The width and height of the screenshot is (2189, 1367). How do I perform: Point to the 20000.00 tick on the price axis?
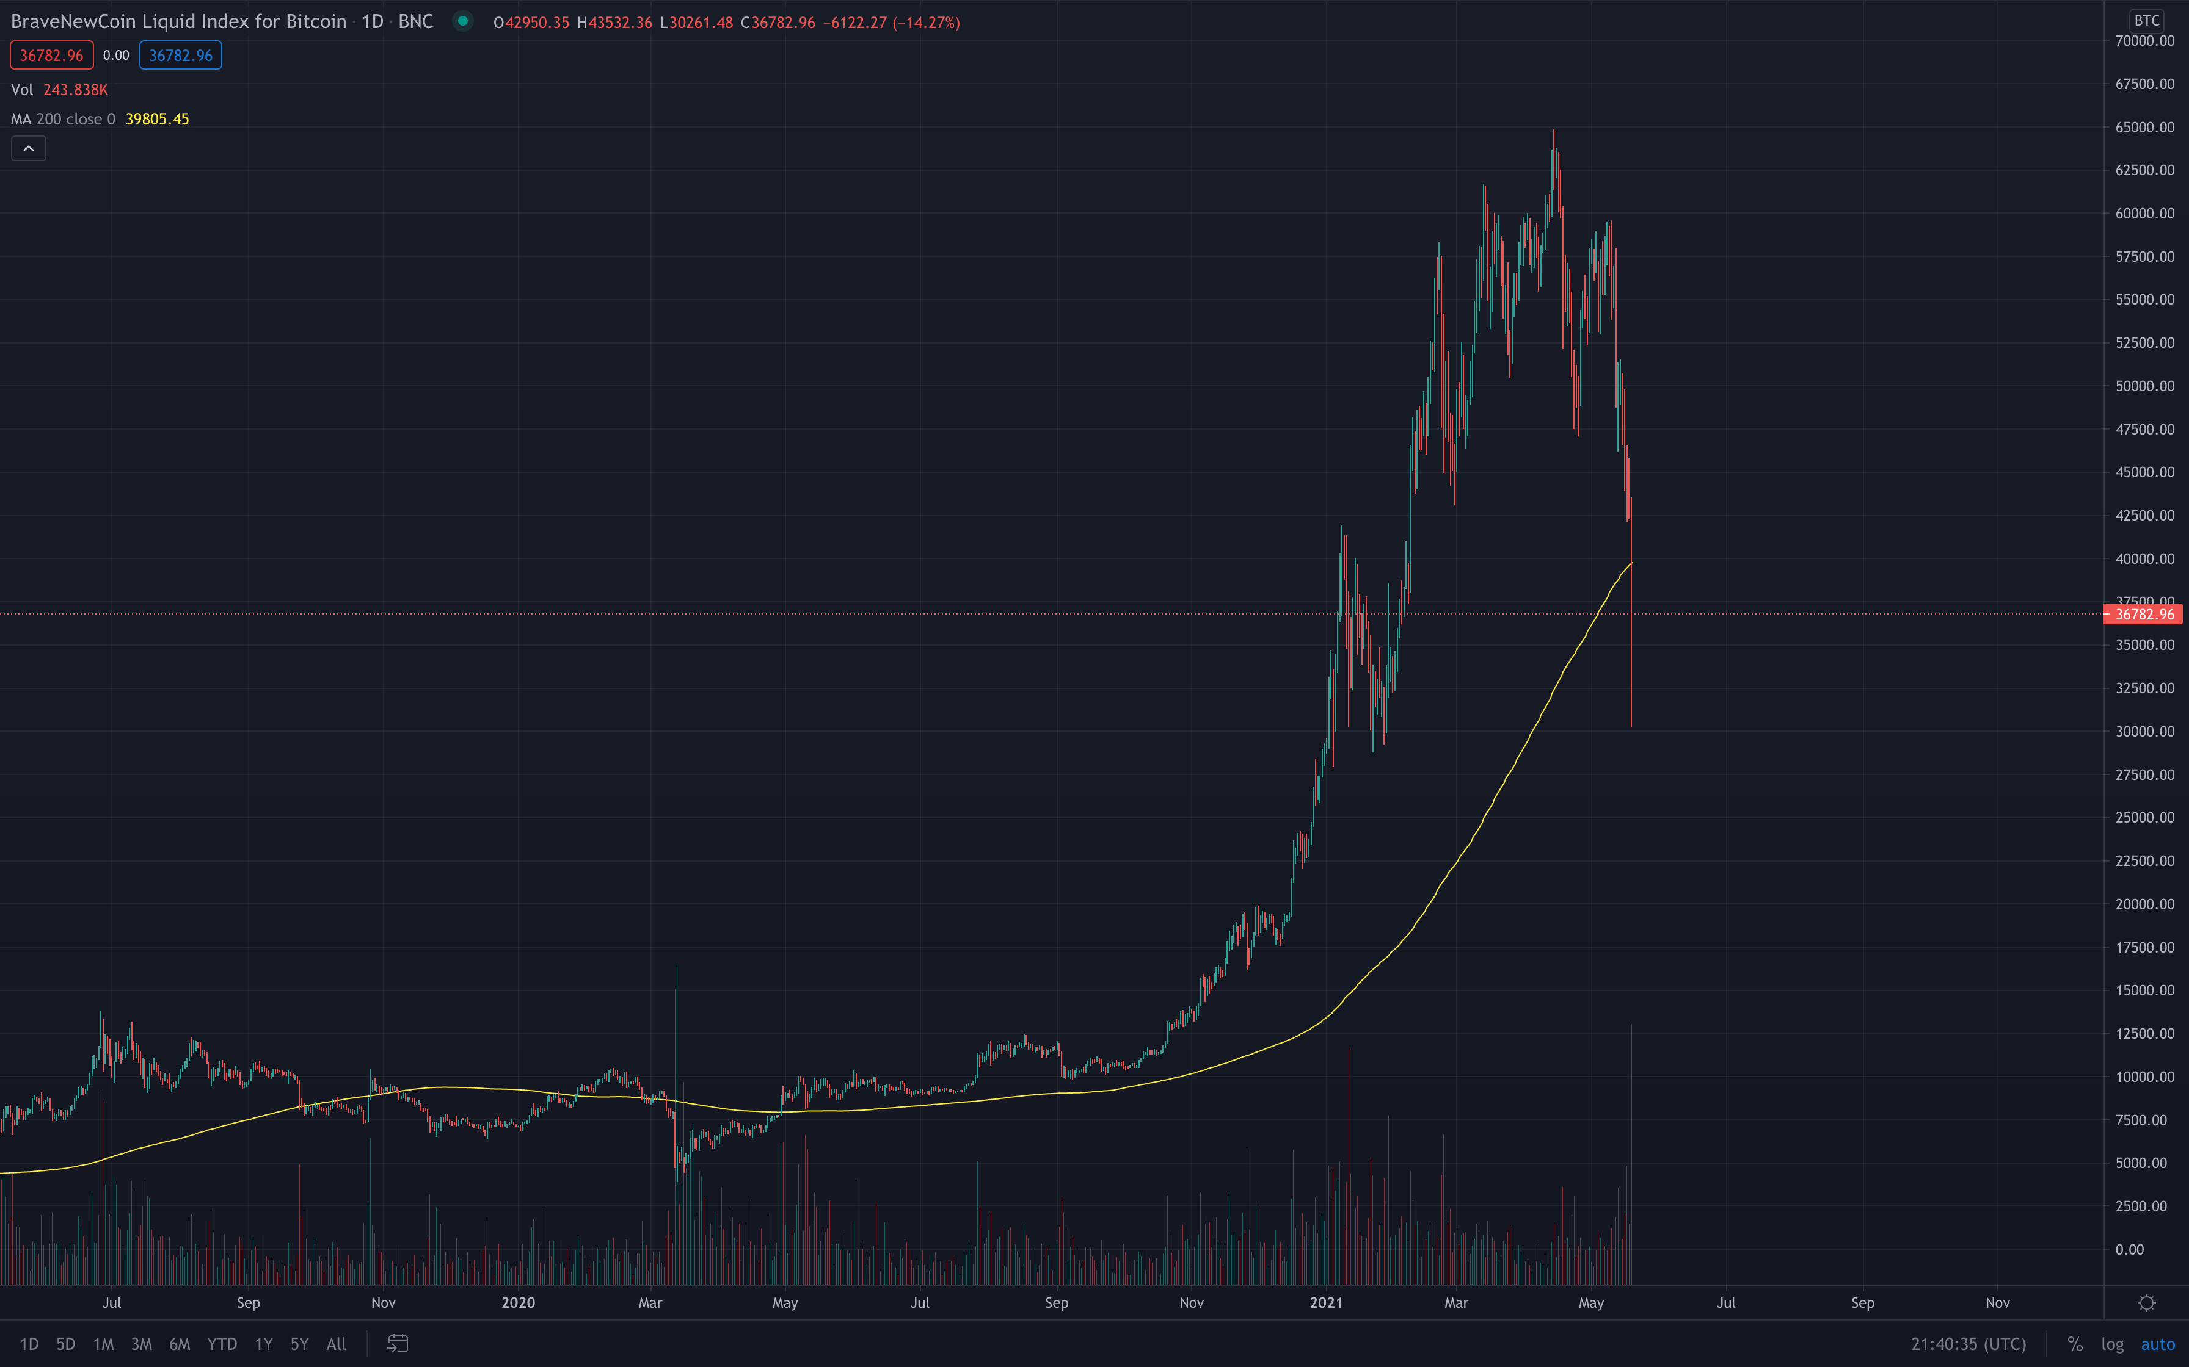(2144, 904)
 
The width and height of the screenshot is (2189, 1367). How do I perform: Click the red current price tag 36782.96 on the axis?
(2144, 615)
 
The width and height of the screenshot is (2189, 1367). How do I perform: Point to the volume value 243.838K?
(75, 90)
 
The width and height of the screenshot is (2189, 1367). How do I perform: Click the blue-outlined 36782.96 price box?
(181, 55)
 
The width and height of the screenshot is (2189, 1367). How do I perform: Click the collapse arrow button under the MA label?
(28, 148)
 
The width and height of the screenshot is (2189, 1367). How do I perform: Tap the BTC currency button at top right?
(2146, 21)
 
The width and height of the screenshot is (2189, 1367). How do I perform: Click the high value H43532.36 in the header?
(614, 23)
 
